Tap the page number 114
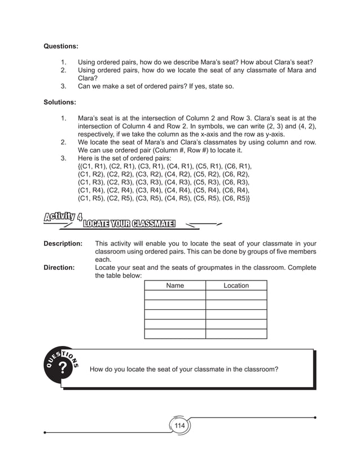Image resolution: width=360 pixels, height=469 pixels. coord(179,425)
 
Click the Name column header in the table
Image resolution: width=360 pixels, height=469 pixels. coord(175,286)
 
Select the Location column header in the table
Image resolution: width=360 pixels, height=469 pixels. coord(236,286)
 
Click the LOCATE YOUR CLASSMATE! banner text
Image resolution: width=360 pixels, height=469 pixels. coord(130,226)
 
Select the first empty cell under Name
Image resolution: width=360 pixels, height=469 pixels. coord(175,295)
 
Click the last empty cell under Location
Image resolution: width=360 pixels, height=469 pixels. coord(236,333)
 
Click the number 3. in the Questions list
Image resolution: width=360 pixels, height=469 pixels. coord(64,86)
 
